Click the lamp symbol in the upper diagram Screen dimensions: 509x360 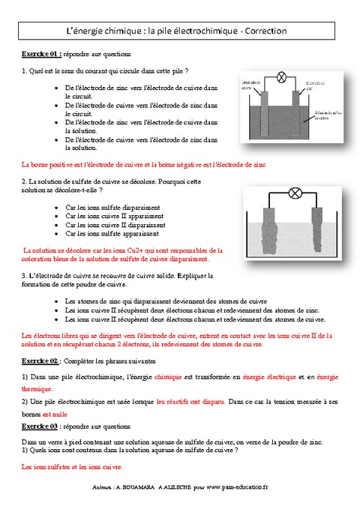(x=282, y=77)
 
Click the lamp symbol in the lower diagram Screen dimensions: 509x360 (x=295, y=193)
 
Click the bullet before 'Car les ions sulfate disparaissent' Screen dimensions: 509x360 (x=58, y=206)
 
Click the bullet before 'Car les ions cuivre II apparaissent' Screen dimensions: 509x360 (x=58, y=215)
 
